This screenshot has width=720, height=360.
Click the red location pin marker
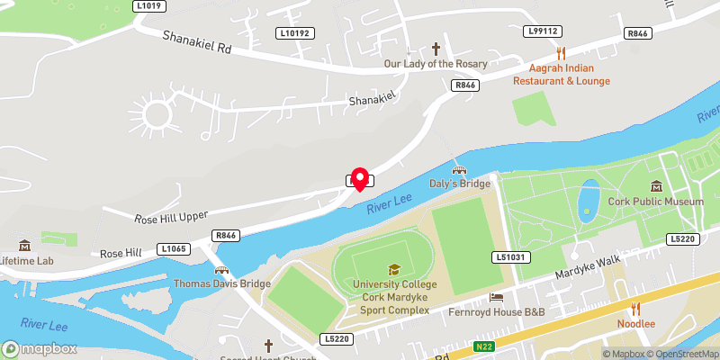coord(360,178)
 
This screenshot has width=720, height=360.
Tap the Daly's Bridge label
coord(459,184)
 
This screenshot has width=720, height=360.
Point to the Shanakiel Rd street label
coord(197,42)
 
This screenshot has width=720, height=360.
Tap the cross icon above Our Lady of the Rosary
coord(436,49)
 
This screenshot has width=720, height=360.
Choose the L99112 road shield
coord(543,31)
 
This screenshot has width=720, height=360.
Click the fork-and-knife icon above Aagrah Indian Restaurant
coord(561,53)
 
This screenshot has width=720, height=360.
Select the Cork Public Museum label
coord(656,202)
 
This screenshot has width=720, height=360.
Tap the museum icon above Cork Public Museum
coord(656,186)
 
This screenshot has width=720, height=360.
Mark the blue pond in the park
coord(589,201)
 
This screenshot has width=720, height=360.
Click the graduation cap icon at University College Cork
coord(392,269)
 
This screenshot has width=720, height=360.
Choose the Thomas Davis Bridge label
coord(221,284)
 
